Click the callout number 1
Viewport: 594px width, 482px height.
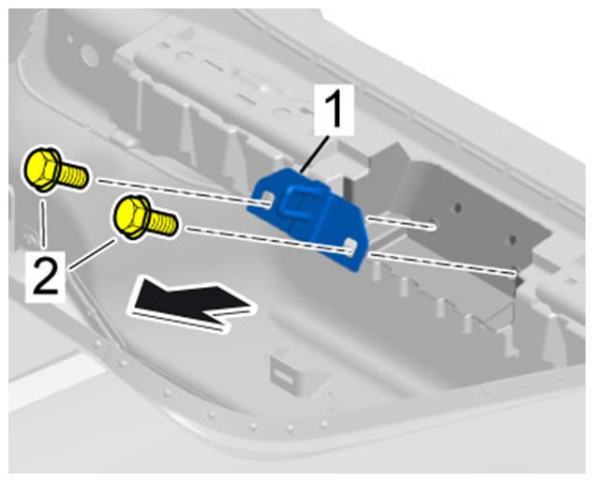coord(334,109)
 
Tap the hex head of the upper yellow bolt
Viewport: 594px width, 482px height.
coord(41,169)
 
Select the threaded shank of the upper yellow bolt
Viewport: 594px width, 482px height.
coord(74,175)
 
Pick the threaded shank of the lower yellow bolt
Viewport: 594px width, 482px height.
coord(162,222)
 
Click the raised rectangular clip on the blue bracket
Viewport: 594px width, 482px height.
coord(298,202)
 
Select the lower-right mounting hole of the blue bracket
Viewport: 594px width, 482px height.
coord(352,245)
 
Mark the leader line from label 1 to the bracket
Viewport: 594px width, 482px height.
coord(313,154)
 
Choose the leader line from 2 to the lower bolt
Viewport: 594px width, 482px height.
coord(92,254)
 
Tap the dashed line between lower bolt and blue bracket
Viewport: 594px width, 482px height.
coord(267,239)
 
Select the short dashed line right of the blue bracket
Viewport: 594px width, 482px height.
coord(400,223)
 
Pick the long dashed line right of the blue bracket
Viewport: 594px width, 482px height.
coord(442,264)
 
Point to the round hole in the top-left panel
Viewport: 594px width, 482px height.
coord(90,55)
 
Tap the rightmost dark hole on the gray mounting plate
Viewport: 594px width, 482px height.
coord(512,240)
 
